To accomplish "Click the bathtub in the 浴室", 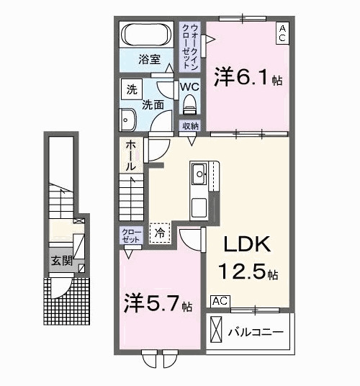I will [x=146, y=36].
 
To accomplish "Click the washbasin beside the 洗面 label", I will [x=127, y=117].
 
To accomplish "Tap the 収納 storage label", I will [x=190, y=126].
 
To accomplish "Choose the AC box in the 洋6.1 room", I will [x=282, y=33].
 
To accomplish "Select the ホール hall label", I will [x=131, y=155].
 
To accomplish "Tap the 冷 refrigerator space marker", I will [x=161, y=232].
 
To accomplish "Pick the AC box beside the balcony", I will [x=220, y=300].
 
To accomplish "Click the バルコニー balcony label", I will [x=256, y=333].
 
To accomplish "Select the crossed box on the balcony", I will [x=217, y=332].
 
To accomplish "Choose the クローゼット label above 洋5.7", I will [x=130, y=235].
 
